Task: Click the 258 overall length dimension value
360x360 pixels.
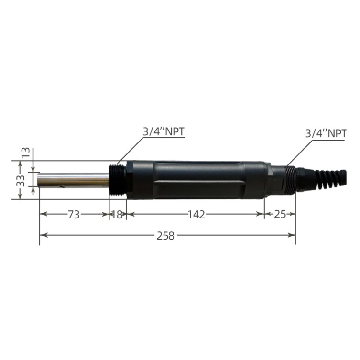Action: pyautogui.click(x=165, y=236)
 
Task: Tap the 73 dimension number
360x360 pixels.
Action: pyautogui.click(x=74, y=215)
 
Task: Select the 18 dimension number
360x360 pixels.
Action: pyautogui.click(x=117, y=215)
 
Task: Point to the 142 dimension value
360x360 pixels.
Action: pyautogui.click(x=196, y=215)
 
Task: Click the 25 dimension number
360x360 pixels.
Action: pyautogui.click(x=280, y=215)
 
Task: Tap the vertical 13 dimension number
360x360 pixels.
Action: pyautogui.click(x=26, y=153)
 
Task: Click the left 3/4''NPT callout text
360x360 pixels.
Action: pyautogui.click(x=164, y=132)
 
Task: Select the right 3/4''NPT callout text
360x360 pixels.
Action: pyautogui.click(x=326, y=133)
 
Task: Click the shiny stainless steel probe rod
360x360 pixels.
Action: pyautogui.click(x=74, y=180)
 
